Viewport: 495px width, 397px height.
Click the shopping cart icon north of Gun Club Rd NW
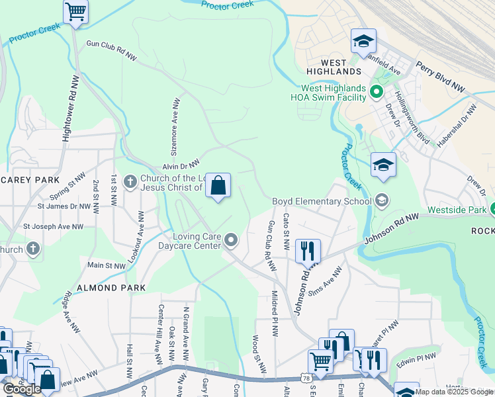75,11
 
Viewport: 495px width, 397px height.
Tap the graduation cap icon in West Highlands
363,42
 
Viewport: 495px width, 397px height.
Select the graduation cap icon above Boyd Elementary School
383,165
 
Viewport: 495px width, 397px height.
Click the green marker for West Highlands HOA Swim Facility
377,91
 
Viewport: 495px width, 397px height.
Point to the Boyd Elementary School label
322,201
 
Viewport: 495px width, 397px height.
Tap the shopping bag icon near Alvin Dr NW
218,186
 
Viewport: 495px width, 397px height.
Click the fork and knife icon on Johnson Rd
308,251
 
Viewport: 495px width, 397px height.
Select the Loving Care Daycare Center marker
230,240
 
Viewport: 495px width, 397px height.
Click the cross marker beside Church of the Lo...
130,181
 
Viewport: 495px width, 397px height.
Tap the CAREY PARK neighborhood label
30,180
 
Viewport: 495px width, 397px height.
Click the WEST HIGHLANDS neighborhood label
334,66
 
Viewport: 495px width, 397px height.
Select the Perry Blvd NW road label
440,77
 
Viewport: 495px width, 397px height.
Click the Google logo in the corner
22,388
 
